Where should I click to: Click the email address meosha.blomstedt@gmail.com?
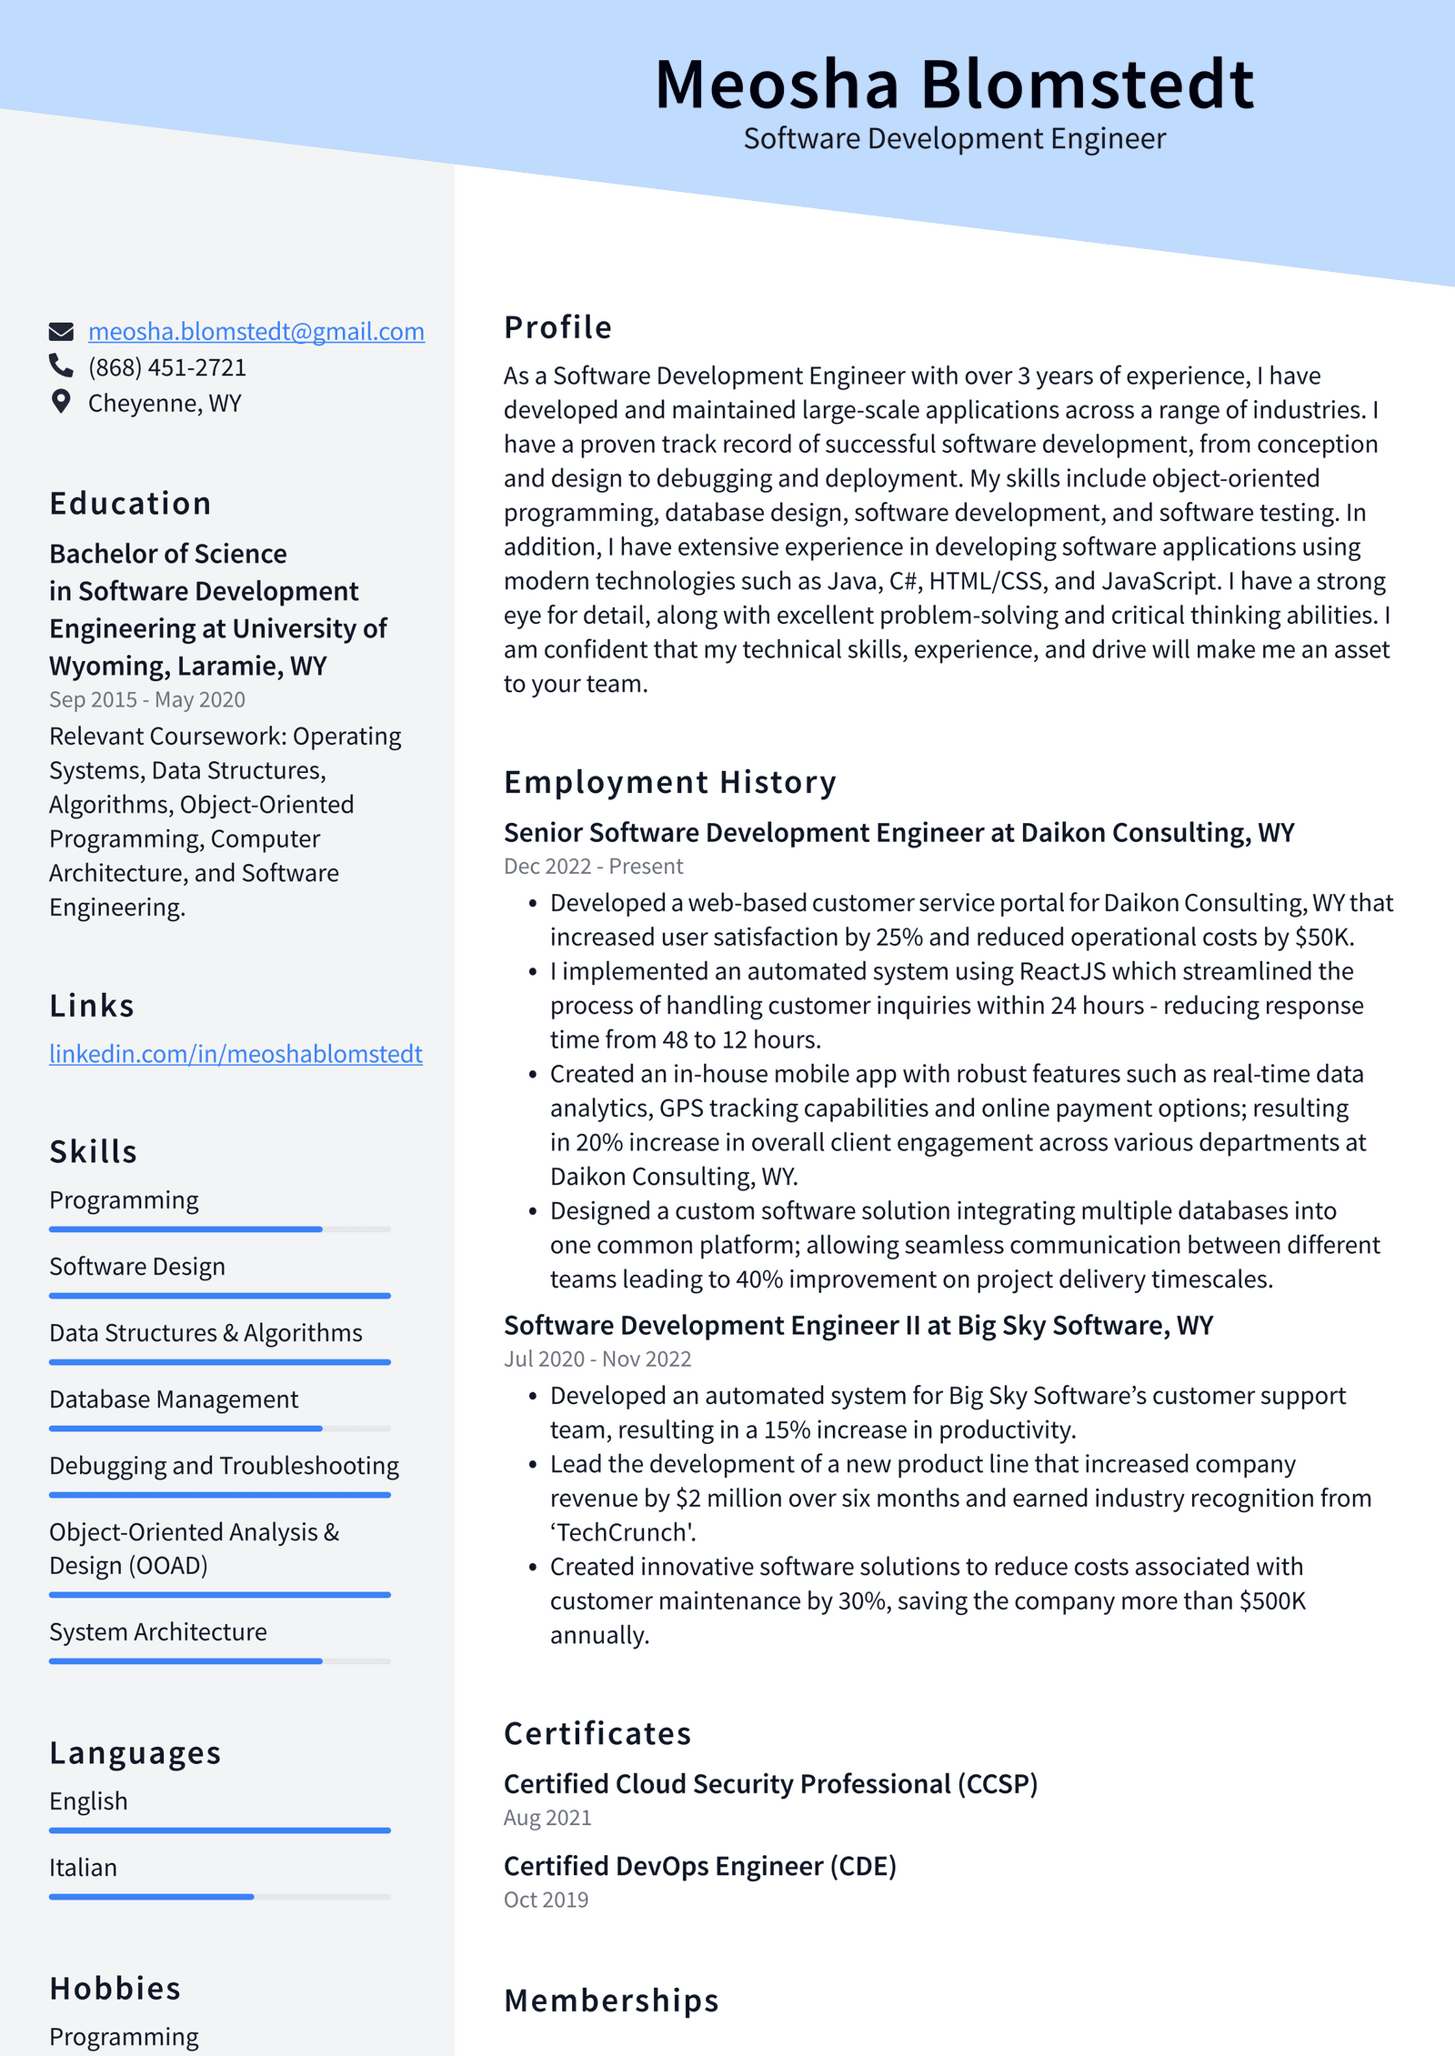(x=256, y=331)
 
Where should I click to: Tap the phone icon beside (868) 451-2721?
(x=61, y=366)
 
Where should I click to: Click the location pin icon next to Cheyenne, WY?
(x=61, y=402)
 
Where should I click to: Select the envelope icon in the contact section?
(x=61, y=331)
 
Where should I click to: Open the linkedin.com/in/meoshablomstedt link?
(x=236, y=1054)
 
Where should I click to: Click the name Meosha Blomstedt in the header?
(x=954, y=85)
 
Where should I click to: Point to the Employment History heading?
(x=669, y=782)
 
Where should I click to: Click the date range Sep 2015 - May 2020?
(x=147, y=699)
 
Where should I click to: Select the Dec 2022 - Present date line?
(x=593, y=867)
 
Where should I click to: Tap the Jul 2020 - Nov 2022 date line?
(x=597, y=1359)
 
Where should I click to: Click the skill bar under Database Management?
(x=219, y=1429)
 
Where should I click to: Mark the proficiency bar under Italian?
(x=219, y=1897)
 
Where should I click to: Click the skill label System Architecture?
(x=158, y=1632)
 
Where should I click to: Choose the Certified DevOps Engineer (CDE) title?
(x=699, y=1866)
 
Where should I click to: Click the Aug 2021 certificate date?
(x=547, y=1818)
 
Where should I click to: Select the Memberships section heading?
(x=611, y=2001)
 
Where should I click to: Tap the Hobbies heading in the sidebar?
(x=115, y=1988)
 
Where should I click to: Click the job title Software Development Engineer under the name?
(x=954, y=139)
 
